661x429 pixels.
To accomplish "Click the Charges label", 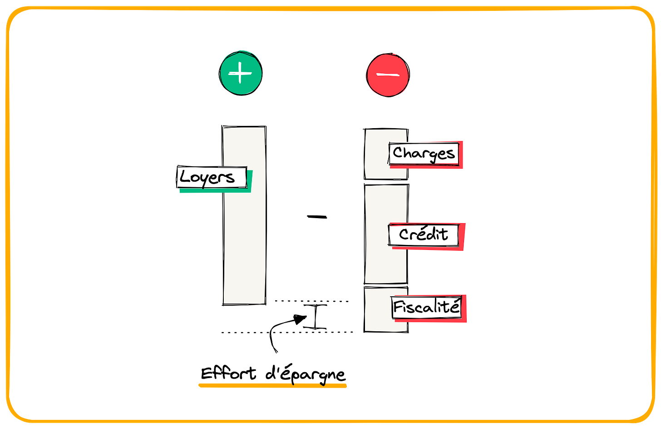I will tap(424, 154).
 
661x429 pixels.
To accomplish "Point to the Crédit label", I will tap(424, 235).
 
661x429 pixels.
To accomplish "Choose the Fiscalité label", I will tap(426, 307).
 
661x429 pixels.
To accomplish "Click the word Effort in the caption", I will tap(228, 374).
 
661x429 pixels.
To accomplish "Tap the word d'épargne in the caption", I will tap(306, 374).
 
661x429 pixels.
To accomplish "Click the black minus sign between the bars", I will tap(317, 217).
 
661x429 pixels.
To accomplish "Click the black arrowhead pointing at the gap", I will tap(300, 319).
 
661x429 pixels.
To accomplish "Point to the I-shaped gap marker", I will tap(315, 317).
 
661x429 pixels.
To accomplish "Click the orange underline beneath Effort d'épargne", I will tap(272, 386).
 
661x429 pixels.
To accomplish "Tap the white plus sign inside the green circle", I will tap(240, 73).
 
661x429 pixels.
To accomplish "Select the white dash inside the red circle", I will tap(387, 75).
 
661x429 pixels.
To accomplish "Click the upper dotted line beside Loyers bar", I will tap(311, 301).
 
